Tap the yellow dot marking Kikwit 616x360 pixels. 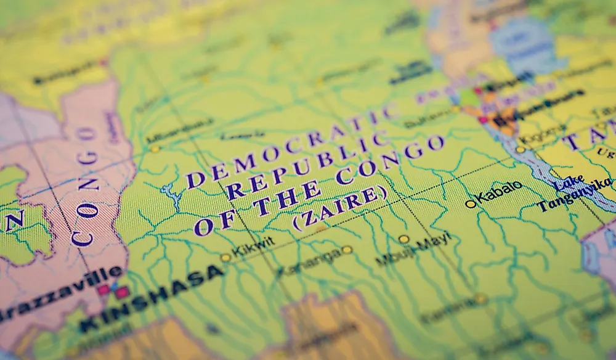pyautogui.click(x=225, y=258)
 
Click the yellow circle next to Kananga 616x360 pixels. pyautogui.click(x=347, y=250)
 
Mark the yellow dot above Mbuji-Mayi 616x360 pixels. pyautogui.click(x=403, y=239)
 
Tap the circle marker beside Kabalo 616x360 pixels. pyautogui.click(x=471, y=203)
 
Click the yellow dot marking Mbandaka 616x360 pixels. pyautogui.click(x=155, y=149)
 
